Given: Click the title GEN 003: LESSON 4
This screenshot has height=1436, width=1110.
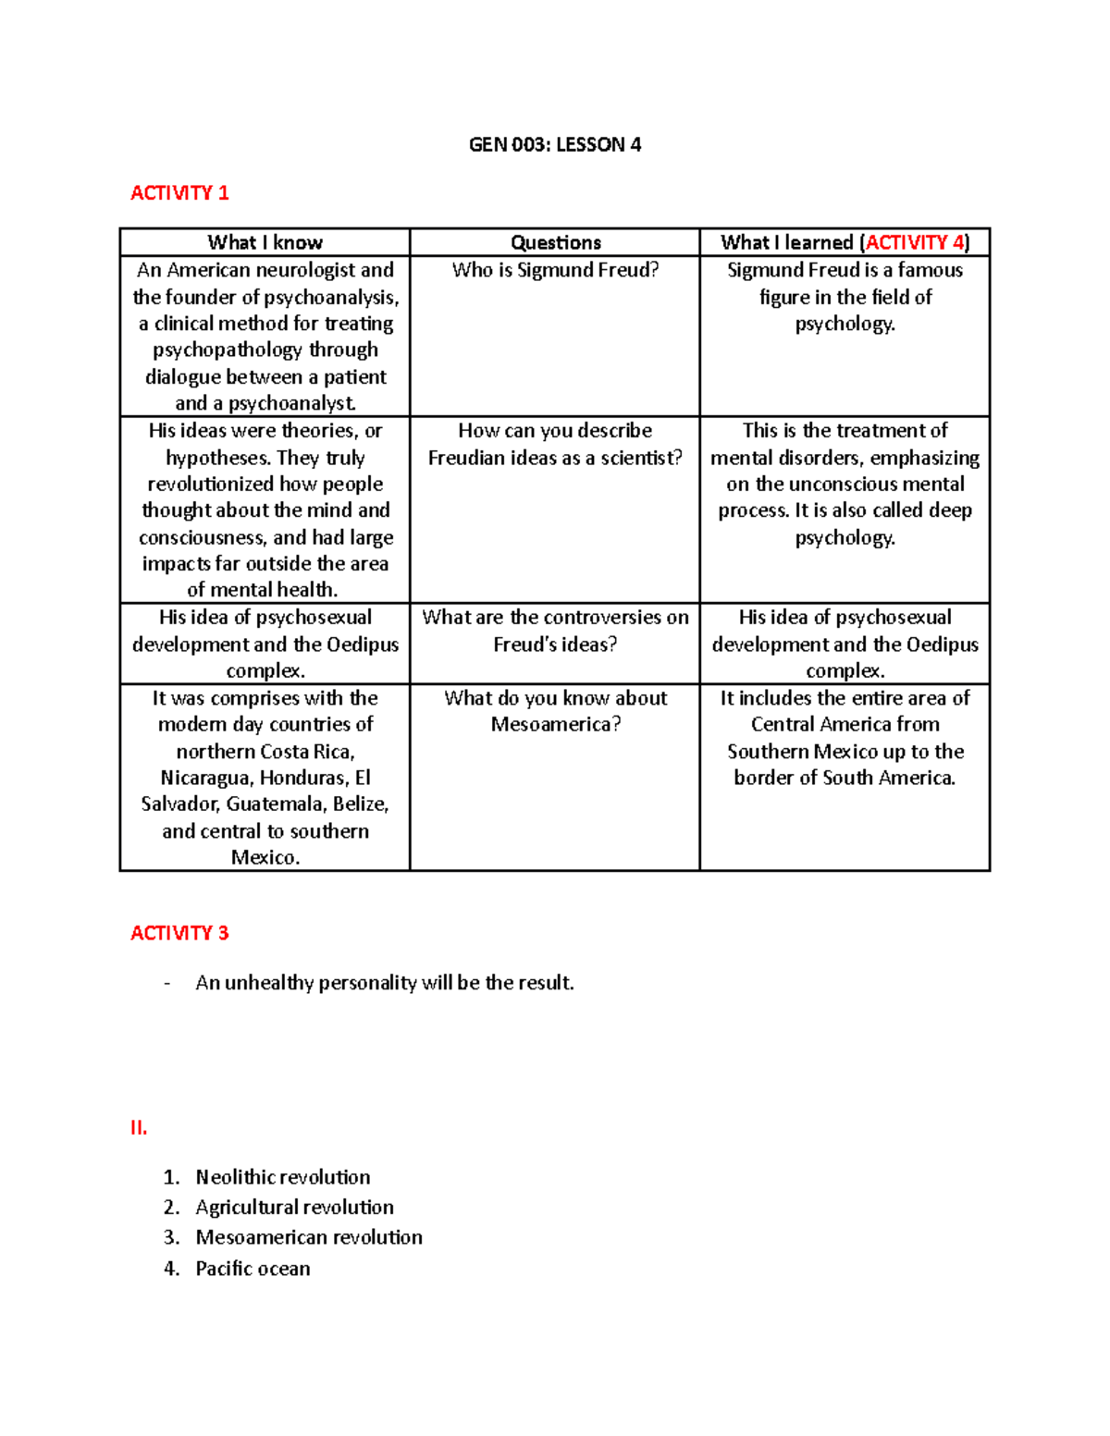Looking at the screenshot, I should [554, 144].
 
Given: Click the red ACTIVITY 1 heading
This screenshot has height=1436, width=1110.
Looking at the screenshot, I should [179, 193].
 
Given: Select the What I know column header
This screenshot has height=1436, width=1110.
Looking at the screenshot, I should [265, 242].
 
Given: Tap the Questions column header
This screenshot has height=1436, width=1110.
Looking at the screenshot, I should [555, 242].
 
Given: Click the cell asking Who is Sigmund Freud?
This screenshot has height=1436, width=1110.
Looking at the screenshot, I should [555, 270].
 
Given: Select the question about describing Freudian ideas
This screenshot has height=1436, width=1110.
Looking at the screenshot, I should [555, 444].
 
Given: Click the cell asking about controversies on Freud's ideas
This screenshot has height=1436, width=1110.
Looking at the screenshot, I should [555, 631].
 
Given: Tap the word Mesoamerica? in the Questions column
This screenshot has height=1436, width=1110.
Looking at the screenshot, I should [555, 724].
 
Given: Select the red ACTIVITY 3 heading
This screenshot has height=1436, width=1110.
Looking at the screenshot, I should [179, 933].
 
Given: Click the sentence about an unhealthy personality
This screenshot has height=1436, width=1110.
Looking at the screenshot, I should [385, 983].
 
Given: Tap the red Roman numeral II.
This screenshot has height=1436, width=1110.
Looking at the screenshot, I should [139, 1128].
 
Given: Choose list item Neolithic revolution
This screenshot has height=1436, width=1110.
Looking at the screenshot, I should [282, 1177].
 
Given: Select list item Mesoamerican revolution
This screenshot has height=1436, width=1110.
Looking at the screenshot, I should [308, 1237].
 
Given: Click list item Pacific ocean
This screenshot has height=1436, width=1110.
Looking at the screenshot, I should [253, 1269].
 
